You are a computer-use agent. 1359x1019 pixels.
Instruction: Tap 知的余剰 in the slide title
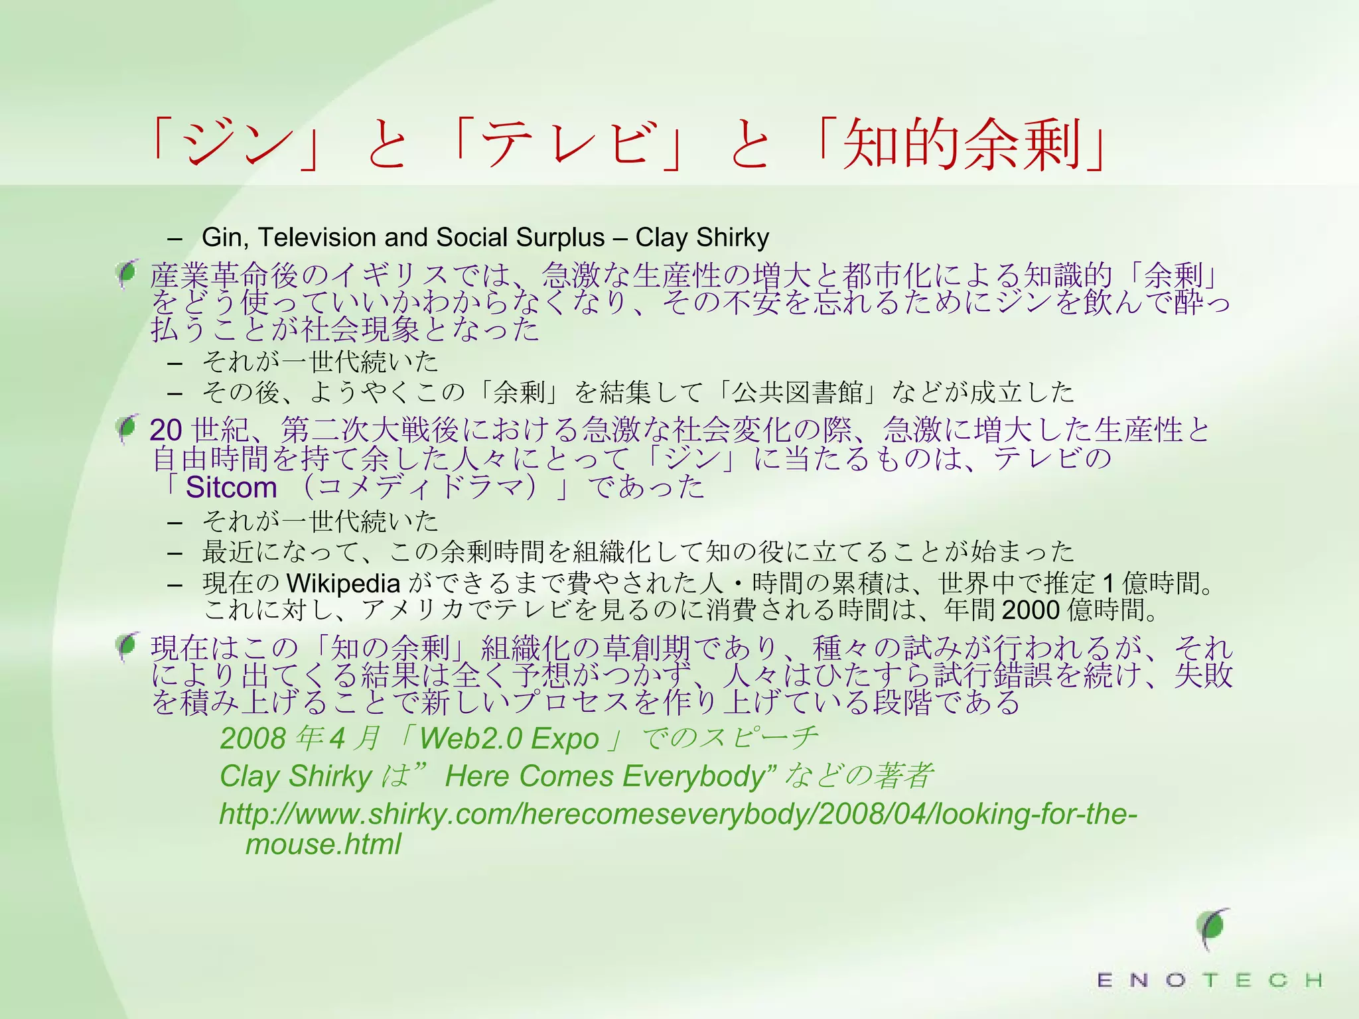pyautogui.click(x=962, y=144)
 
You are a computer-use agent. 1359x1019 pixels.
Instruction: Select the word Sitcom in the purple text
pyautogui.click(x=231, y=488)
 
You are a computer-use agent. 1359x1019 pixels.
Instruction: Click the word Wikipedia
pyautogui.click(x=343, y=583)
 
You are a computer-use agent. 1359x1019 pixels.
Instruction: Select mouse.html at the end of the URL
pyautogui.click(x=323, y=845)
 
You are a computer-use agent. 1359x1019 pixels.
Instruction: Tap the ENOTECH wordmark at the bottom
pyautogui.click(x=1209, y=980)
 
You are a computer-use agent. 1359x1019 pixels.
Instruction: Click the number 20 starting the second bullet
pyautogui.click(x=166, y=430)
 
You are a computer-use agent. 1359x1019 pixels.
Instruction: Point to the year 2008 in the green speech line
pyautogui.click(x=253, y=738)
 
